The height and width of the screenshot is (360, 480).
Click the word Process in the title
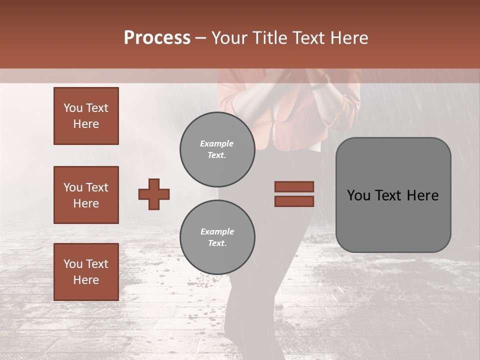point(157,38)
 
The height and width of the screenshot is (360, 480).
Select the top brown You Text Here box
point(86,116)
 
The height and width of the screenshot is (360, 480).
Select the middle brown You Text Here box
point(86,195)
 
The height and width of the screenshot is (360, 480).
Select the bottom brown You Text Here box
point(86,271)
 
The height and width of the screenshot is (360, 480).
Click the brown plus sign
point(154,194)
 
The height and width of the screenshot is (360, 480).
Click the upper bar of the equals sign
point(294,186)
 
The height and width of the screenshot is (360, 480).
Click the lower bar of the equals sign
point(294,201)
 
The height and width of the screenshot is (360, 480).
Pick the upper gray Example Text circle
point(217,149)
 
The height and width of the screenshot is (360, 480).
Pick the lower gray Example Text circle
point(217,237)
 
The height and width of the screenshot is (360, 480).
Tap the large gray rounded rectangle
point(393,220)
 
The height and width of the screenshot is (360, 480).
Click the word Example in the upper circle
point(217,143)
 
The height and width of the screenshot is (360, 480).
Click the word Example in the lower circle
point(217,231)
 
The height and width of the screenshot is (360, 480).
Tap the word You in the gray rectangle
point(358,195)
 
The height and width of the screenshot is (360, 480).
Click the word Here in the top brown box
point(86,124)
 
